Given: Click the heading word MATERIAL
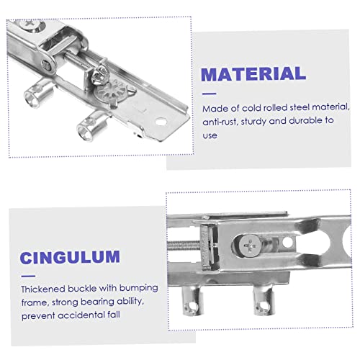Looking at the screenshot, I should tap(253, 73).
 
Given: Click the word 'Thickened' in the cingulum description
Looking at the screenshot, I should tap(45, 289).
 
